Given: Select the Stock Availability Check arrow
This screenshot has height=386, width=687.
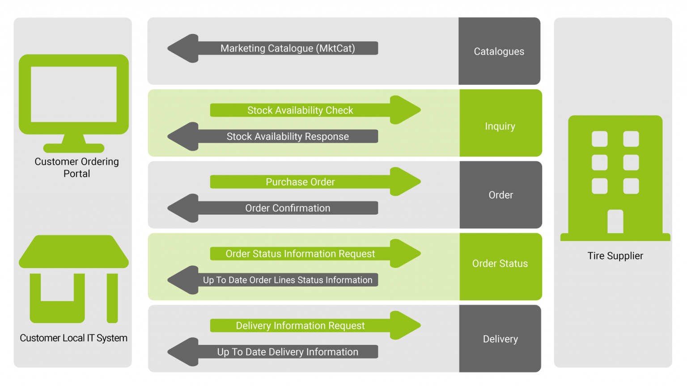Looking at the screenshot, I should pos(301,110).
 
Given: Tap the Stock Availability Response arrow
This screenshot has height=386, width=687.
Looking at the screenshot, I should pos(287,137).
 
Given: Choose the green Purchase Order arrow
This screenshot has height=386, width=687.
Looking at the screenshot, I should pos(301,182).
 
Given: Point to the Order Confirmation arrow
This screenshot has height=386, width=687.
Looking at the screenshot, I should pos(287,208).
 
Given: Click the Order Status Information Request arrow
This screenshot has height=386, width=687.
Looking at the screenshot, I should pos(301,254).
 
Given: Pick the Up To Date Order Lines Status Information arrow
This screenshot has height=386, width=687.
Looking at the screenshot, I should pos(287,280).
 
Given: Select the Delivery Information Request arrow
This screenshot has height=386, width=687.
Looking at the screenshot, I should pos(301,326).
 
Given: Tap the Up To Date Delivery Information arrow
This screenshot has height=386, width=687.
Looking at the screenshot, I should pos(287,352).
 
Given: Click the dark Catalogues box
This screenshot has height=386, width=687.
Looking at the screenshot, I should pos(499,51).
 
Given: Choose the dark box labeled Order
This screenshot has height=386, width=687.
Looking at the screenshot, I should pos(500,195).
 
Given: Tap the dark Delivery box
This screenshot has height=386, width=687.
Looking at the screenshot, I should pos(500,339).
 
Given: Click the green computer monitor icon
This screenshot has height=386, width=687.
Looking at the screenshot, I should pos(74,96).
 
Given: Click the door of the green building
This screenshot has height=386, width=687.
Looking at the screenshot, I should pos(615,221).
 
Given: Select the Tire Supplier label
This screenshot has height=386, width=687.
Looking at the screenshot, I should pos(615,256).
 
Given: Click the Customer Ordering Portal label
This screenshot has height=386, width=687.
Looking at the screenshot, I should pos(76,168).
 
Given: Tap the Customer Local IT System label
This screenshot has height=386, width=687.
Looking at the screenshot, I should pos(73,338).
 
